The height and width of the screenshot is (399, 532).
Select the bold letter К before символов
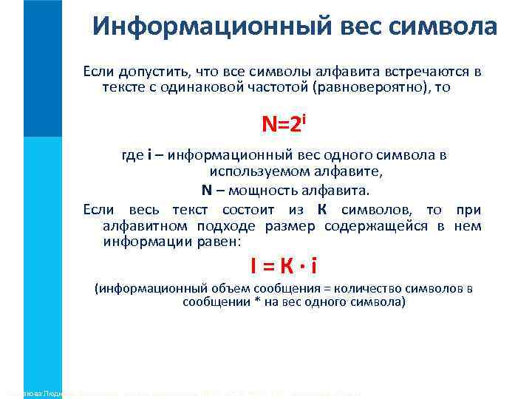(x=322, y=209)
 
